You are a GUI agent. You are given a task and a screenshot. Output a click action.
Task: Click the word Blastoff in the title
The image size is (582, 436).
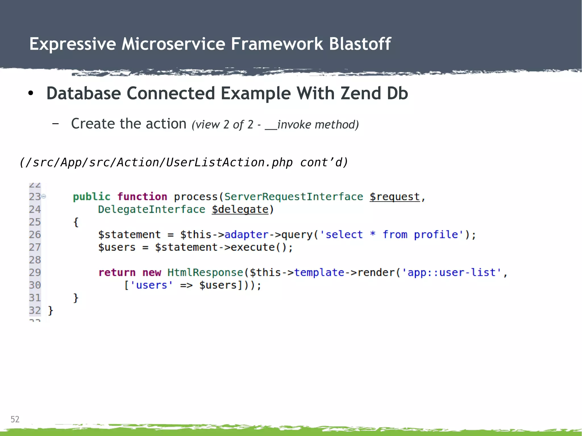360,44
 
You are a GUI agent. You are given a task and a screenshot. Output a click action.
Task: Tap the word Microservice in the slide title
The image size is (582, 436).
173,44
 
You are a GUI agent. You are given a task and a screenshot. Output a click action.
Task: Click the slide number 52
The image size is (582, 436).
15,419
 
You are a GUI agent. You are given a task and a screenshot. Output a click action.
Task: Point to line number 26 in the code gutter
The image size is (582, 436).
35,235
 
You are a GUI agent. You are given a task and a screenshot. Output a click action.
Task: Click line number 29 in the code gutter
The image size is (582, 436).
35,272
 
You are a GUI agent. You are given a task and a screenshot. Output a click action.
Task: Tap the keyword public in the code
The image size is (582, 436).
92,197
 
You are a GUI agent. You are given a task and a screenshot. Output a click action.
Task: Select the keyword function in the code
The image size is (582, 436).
142,197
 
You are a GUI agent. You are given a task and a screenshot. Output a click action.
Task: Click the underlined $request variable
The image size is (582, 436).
394,197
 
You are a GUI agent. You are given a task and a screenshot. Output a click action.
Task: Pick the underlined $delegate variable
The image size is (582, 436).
240,209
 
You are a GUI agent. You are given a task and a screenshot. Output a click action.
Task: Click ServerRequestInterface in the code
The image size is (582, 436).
294,197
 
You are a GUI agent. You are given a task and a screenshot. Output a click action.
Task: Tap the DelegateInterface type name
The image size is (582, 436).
151,209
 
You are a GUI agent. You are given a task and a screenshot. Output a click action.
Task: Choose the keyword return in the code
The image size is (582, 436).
117,272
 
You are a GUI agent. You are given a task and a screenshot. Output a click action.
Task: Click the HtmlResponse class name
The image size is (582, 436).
205,272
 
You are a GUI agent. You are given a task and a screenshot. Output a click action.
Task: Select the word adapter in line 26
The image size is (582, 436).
246,235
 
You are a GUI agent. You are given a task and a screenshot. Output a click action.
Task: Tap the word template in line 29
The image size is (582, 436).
319,272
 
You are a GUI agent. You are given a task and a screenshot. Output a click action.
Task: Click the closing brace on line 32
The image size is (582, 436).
51,310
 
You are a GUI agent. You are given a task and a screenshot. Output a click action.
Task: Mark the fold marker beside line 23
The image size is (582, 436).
44,196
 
